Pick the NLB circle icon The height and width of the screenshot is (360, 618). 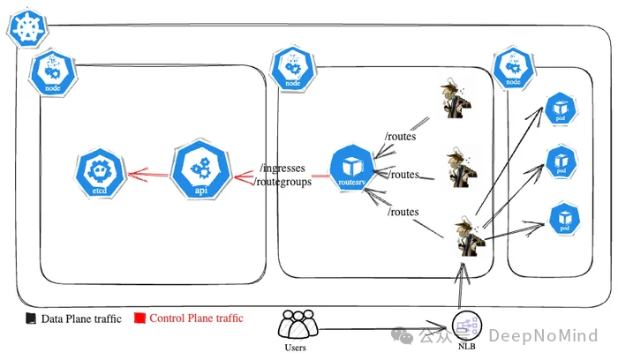pos(468,328)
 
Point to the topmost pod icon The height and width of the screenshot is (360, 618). pos(561,109)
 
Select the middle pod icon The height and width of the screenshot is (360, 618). pos(561,162)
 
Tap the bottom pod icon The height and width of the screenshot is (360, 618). pos(562,218)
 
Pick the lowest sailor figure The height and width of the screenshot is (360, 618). pos(464,236)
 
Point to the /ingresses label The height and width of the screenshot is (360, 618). pos(284,167)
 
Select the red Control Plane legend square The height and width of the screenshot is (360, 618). pos(139,318)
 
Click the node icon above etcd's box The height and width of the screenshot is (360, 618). pos(49,73)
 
